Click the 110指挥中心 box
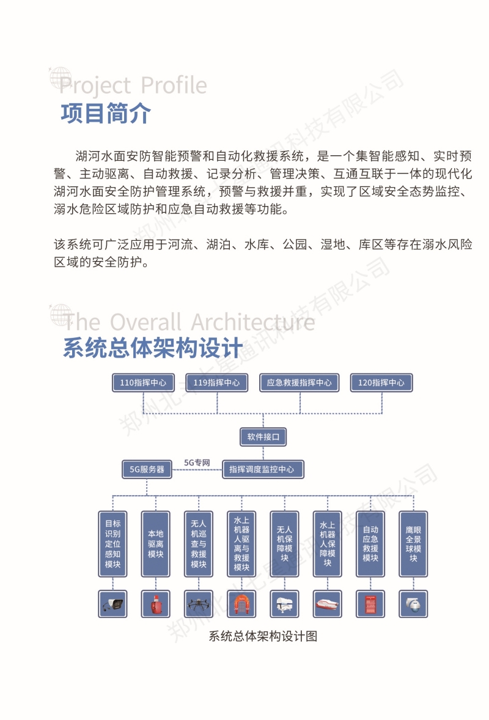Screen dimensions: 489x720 point(143,383)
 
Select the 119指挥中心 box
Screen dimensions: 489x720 point(217,383)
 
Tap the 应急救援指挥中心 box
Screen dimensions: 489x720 point(300,383)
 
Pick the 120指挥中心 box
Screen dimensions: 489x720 point(381,383)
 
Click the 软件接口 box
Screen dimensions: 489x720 point(263,436)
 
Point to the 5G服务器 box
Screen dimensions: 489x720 point(147,469)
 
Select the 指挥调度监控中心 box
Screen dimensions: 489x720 point(263,469)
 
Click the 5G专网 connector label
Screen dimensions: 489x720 point(197,463)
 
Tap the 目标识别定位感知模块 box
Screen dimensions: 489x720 point(112,544)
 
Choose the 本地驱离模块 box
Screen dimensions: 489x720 point(156,544)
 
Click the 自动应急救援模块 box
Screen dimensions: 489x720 point(370,544)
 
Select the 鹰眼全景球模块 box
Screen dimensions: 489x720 point(413,544)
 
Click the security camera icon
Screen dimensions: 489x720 point(112,604)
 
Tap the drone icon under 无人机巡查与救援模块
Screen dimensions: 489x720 point(199,604)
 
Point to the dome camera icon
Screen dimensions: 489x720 point(413,604)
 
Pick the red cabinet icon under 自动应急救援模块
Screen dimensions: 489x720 point(370,604)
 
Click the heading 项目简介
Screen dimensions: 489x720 point(106,113)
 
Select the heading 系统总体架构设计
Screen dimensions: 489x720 point(152,347)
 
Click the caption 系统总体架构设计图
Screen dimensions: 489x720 point(263,636)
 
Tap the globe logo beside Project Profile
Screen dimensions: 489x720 point(61,78)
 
